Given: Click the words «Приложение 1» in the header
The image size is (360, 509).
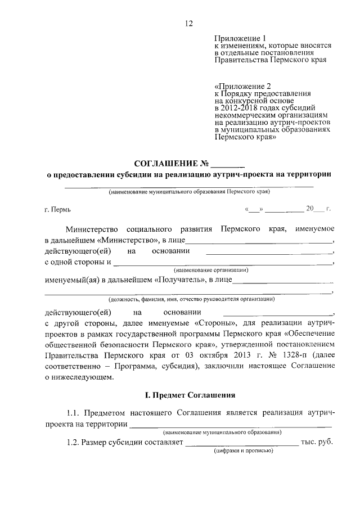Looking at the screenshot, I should pyautogui.click(x=238, y=38).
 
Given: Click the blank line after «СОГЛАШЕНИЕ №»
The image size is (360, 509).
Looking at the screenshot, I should pyautogui.click(x=227, y=166).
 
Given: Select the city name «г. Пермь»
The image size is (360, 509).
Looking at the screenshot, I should pyautogui.click(x=57, y=210).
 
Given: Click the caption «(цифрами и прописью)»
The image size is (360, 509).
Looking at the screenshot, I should pyautogui.click(x=242, y=451).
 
